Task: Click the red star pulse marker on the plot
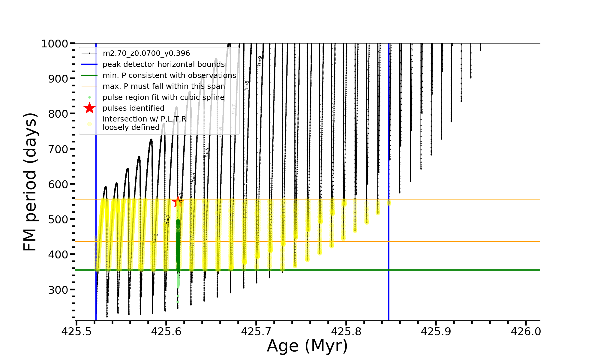[178, 202]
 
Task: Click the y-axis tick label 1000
[55, 44]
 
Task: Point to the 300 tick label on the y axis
[58, 290]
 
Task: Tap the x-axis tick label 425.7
[256, 331]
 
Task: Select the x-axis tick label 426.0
[526, 331]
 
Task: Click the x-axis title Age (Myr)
[307, 346]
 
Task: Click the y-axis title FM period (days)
[30, 182]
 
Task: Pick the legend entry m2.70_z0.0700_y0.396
[146, 53]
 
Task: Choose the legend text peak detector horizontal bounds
[163, 64]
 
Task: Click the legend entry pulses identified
[133, 108]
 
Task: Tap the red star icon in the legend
[89, 108]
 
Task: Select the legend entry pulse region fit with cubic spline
[163, 97]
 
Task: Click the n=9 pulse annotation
[260, 61]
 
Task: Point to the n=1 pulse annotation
[155, 238]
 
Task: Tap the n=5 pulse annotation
[207, 152]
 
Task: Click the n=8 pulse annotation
[247, 85]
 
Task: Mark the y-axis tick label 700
[58, 149]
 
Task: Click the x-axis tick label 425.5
[76, 331]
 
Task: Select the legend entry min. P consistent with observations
[169, 76]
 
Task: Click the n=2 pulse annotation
[168, 220]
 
